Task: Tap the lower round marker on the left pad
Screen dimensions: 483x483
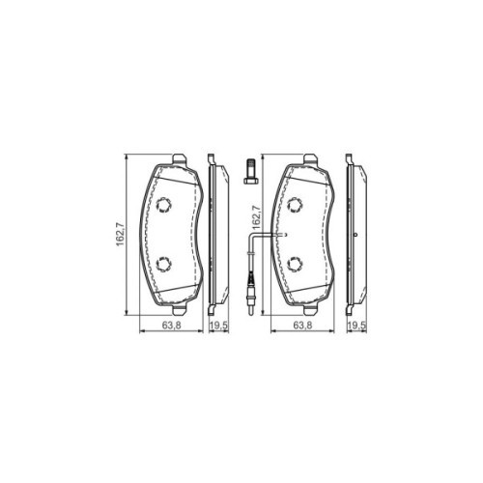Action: click(x=163, y=264)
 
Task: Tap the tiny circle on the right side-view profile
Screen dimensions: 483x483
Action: click(x=355, y=238)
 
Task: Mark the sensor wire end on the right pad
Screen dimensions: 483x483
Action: click(x=280, y=235)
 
